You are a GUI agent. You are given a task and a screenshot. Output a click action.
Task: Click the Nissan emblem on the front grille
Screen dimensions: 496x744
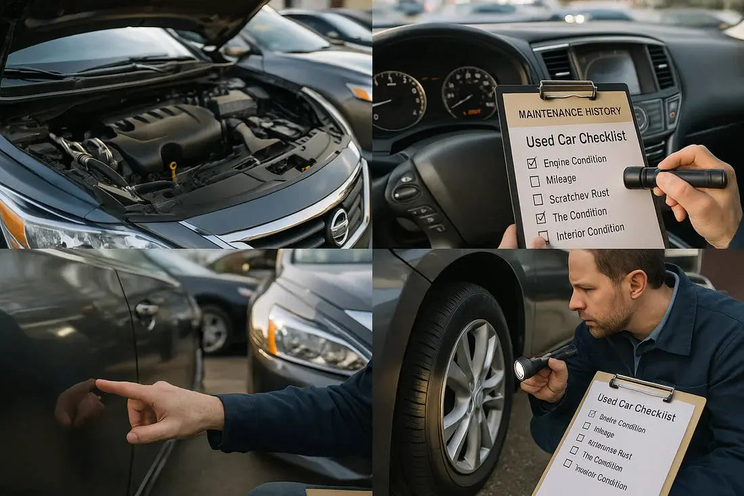coord(339,226)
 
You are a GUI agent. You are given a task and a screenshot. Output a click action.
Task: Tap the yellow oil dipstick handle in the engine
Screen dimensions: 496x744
coord(173,167)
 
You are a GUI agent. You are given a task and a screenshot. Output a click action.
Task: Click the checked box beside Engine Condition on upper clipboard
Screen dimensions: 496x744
coord(532,162)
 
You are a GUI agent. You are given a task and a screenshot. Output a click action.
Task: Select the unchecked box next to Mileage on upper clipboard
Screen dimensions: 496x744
coord(534,181)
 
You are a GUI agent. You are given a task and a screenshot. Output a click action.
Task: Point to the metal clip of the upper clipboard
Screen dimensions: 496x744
coord(568,89)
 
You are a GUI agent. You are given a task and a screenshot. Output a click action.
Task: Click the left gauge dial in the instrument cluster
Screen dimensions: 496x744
coord(399,101)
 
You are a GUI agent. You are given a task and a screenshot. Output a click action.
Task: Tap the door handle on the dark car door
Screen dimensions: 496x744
coord(146,309)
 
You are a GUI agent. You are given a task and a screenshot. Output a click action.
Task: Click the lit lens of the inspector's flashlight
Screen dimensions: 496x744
coord(523,369)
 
